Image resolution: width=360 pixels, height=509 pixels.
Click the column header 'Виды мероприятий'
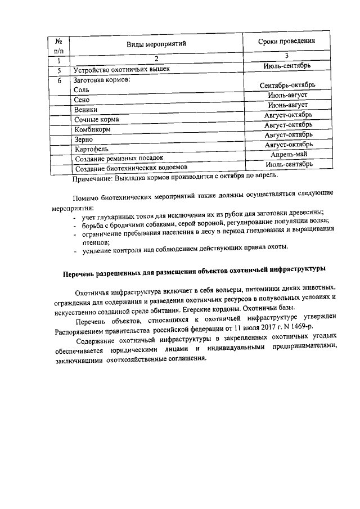coord(156,43)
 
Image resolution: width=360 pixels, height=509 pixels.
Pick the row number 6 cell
coord(58,80)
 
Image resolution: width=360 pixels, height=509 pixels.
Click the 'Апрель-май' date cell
coord(287,154)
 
